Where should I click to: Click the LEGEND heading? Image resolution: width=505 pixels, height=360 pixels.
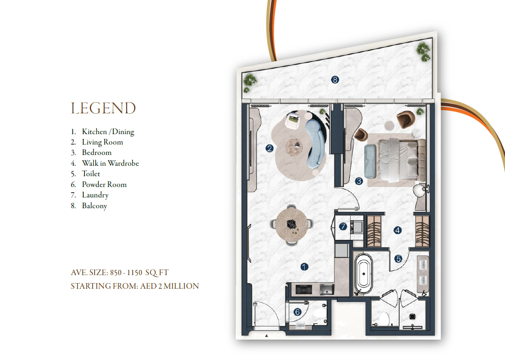point(103,108)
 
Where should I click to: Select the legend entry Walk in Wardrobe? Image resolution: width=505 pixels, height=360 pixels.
point(111,163)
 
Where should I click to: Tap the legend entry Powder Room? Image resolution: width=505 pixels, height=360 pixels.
point(104,184)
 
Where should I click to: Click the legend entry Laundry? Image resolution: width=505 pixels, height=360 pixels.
point(95,195)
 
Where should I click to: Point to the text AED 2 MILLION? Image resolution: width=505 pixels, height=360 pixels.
point(170,286)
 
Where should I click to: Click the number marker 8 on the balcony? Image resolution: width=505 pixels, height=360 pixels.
point(335,80)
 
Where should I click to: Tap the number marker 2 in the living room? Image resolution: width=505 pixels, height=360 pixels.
point(269,149)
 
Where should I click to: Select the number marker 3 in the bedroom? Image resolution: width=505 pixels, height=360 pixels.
point(359,181)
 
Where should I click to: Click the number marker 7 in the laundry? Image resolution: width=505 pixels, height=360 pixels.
point(343,226)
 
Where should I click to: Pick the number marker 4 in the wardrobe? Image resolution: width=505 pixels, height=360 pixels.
point(398,230)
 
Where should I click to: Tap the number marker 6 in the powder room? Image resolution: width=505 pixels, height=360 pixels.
point(297,312)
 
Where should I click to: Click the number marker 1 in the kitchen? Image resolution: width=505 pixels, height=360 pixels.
point(304,267)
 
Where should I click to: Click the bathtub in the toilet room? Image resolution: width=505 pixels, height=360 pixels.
point(363,274)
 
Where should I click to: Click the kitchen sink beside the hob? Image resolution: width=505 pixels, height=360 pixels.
point(327,289)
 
